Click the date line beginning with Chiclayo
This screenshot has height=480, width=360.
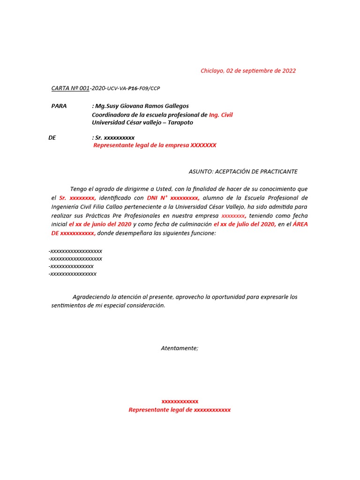[248, 71]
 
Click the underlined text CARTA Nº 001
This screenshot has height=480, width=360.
[70, 88]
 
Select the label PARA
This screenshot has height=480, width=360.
[59, 106]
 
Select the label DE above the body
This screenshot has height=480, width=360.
[52, 138]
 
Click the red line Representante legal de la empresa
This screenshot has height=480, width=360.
[155, 145]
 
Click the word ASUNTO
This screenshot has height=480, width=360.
[200, 172]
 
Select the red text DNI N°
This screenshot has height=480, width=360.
[157, 198]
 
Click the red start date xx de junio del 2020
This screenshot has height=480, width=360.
[100, 225]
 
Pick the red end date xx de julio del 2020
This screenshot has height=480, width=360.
[245, 225]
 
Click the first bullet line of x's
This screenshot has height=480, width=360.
[75, 251]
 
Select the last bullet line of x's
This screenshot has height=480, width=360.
[72, 274]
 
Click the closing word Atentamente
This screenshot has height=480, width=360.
[180, 348]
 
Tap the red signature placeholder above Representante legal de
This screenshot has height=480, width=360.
[180, 401]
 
